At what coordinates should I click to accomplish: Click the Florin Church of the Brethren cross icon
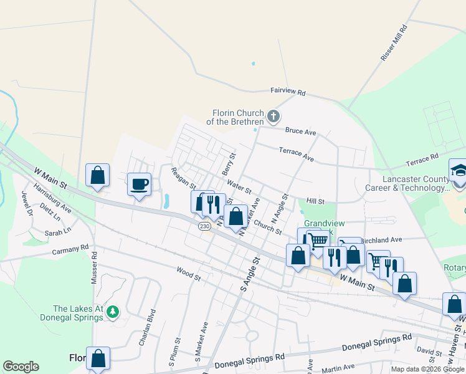point(273,116)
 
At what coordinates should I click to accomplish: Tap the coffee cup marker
point(138,185)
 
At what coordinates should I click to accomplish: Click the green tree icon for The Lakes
point(113,310)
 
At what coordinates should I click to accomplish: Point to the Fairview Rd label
point(288,92)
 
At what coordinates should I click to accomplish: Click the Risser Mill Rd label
point(393,43)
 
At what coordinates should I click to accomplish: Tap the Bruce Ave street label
point(301,132)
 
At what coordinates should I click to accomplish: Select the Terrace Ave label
point(296,154)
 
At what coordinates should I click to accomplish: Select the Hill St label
point(316,201)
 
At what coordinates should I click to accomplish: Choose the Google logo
point(21,367)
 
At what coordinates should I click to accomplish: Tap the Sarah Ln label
point(57,233)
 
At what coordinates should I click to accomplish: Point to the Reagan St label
point(184,178)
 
